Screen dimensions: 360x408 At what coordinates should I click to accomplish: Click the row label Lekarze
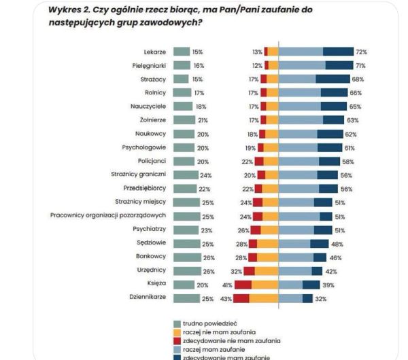156,52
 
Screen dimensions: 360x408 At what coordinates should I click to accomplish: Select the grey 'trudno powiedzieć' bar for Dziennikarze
182,298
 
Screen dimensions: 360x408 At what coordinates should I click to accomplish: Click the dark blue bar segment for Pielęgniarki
339,65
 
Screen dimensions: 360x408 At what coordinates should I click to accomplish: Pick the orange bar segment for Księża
265,284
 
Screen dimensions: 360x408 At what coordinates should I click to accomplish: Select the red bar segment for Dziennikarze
241,298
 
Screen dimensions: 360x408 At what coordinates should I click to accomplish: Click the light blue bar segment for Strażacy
297,79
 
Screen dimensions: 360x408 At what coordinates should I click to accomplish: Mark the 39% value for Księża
329,284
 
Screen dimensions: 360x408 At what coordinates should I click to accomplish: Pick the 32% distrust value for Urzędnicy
236,270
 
